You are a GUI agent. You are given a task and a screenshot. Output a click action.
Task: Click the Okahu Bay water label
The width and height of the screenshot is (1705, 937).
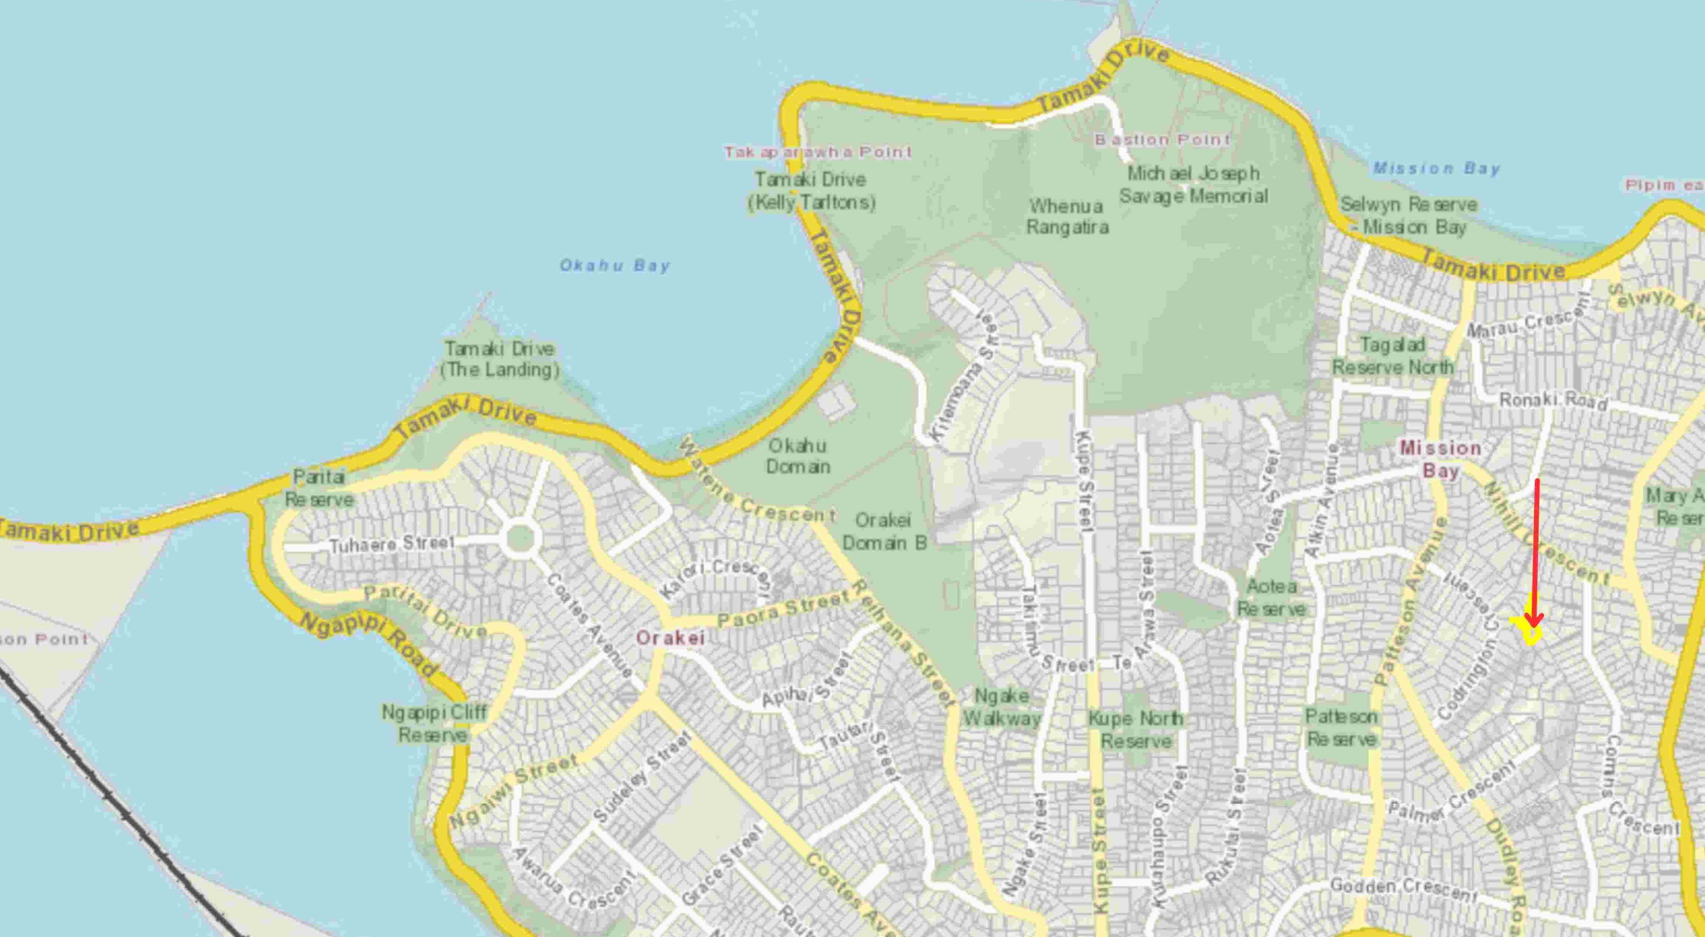point(615,266)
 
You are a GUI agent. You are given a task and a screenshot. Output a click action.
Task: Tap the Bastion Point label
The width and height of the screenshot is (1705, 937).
point(1162,140)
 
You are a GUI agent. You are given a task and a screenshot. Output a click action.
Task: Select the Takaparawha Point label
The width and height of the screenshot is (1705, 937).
point(818,152)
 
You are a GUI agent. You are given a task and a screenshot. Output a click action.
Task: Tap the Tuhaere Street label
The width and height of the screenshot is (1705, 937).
point(392,544)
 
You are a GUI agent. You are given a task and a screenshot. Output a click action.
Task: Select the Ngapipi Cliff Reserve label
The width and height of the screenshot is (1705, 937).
point(434,723)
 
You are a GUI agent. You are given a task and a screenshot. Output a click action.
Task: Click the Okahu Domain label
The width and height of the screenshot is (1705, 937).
point(798,456)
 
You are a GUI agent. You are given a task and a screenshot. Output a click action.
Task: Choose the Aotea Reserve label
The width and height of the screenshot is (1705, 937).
point(1271,597)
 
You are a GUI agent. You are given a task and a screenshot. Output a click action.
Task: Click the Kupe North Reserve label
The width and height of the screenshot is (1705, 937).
point(1136,729)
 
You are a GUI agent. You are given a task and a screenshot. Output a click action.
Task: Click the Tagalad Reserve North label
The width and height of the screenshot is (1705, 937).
point(1393,356)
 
